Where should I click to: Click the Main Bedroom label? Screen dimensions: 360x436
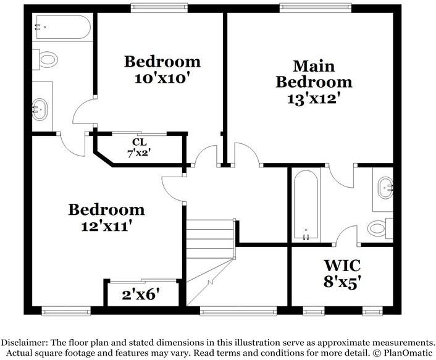314,73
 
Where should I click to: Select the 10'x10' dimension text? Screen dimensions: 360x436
162,78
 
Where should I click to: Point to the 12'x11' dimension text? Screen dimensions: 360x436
106,226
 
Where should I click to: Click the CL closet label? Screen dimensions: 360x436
139,142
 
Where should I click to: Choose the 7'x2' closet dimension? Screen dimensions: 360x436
139,153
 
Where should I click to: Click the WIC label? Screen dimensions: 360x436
343,266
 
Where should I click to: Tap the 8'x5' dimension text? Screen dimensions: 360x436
343,283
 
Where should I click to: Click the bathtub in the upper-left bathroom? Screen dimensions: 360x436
62,28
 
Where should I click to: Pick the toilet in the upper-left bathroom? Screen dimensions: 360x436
46,60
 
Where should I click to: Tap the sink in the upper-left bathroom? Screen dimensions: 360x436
41,110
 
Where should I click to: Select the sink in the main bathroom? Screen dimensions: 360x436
385,186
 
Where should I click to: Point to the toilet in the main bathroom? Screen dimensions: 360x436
379,228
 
